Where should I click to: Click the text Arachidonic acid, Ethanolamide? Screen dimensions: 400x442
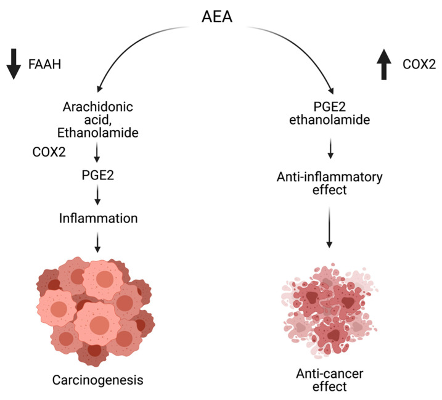click(x=98, y=119)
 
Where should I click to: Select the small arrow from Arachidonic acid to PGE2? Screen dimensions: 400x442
click(x=97, y=153)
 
